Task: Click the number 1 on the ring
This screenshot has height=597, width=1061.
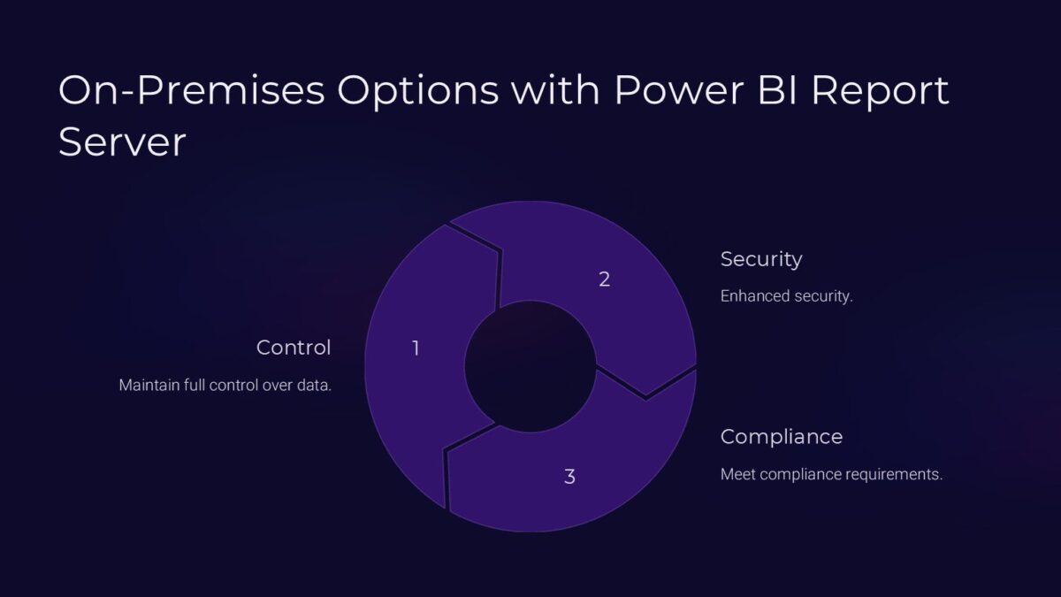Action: [416, 348]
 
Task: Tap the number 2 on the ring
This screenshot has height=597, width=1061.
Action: [604, 279]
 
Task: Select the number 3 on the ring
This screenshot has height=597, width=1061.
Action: [569, 477]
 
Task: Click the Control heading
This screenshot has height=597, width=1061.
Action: [294, 348]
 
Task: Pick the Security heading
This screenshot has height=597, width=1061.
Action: [761, 259]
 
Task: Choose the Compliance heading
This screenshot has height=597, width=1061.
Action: [782, 437]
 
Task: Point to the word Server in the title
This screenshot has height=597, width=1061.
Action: [122, 142]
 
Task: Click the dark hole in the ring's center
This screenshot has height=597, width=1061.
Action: [530, 366]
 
